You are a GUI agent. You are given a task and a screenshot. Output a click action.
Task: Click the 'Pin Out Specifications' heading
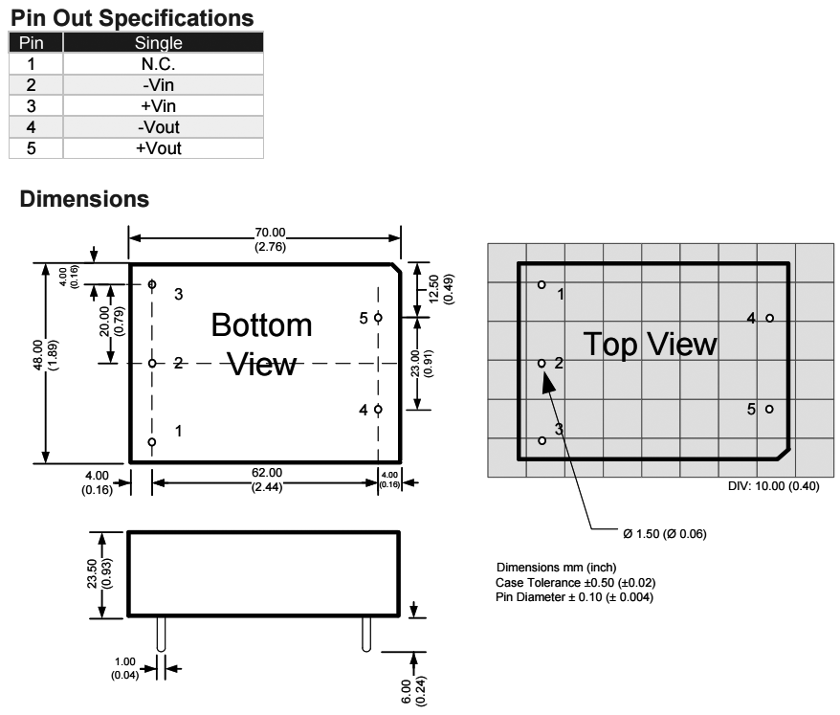point(132,17)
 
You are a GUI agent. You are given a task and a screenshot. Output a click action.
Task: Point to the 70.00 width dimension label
point(270,233)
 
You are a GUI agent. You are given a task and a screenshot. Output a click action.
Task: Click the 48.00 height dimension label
point(38,355)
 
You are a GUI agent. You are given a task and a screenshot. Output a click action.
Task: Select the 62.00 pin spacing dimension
point(267,473)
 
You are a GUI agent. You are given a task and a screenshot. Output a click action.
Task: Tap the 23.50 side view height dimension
point(92,573)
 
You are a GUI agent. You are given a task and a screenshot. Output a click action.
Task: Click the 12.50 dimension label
point(434,289)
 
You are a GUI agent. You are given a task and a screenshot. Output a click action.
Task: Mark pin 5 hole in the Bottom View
point(378,318)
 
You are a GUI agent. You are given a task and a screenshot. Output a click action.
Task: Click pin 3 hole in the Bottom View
point(152,284)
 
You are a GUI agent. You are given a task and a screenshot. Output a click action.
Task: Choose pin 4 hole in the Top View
point(770,318)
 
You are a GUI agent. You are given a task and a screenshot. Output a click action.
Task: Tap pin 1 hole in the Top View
point(542,284)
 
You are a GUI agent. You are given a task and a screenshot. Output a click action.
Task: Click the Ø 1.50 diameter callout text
point(665,534)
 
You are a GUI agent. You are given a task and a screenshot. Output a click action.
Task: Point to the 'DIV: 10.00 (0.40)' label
point(774,486)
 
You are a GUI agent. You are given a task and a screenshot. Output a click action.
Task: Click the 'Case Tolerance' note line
point(575,583)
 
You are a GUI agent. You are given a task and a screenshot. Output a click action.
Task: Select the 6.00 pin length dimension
point(407,691)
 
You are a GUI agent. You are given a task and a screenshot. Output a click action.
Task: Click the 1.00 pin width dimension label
point(125,661)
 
